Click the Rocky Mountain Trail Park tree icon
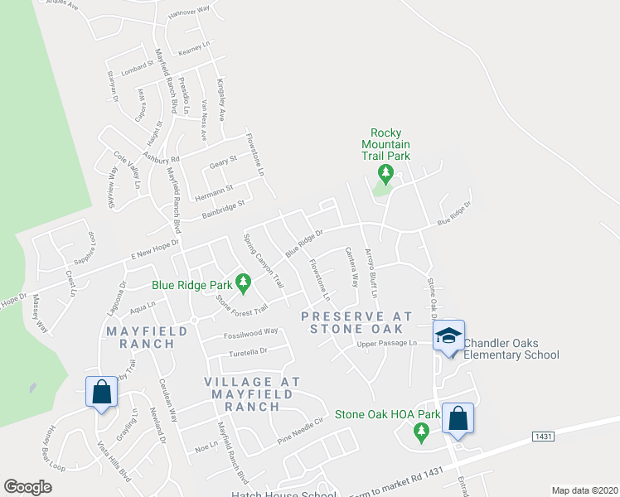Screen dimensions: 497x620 pos(385,174)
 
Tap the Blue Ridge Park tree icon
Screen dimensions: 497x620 pos(243,284)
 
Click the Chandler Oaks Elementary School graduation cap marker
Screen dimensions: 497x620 pos(448,336)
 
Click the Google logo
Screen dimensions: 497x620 pos(27,487)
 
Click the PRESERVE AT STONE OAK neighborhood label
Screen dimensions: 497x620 pos(356,322)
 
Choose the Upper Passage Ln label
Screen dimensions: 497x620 pos(386,343)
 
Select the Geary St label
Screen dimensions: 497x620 pos(223,160)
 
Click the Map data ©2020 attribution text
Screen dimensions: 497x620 pos(584,490)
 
